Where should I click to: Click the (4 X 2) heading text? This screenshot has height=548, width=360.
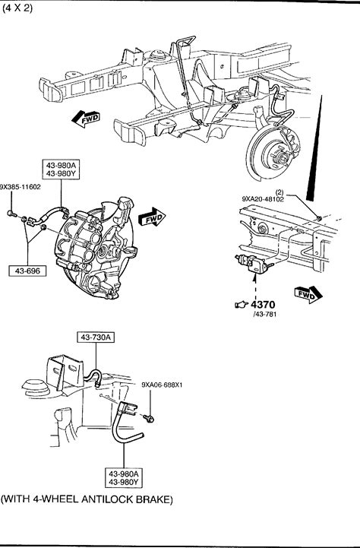click(x=17, y=8)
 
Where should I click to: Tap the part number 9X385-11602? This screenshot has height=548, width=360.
click(x=21, y=187)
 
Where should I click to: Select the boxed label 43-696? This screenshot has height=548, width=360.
click(x=27, y=271)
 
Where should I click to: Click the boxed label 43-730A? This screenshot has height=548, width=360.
click(x=96, y=337)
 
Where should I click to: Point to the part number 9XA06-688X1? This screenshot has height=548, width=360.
click(x=162, y=385)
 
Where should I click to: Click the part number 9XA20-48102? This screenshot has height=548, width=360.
click(x=263, y=199)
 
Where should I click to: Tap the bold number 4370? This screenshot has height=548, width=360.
click(x=263, y=305)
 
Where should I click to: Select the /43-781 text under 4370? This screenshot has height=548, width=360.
click(x=264, y=314)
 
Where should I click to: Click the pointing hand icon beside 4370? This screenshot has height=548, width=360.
click(x=242, y=305)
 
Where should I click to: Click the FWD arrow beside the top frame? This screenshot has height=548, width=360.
click(x=86, y=119)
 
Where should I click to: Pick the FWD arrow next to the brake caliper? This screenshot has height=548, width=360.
click(x=152, y=217)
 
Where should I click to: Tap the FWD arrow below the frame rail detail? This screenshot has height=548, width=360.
click(x=308, y=295)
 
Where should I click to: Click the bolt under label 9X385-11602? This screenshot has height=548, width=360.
click(x=11, y=213)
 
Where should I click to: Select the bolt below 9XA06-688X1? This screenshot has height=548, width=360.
click(x=148, y=417)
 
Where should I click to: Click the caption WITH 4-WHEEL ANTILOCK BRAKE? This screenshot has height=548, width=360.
click(x=87, y=499)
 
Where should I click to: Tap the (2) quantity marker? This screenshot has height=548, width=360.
click(x=279, y=192)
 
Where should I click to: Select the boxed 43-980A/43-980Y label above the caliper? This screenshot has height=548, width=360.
click(x=61, y=169)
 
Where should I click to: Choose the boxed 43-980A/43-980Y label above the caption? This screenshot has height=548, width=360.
click(x=124, y=478)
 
